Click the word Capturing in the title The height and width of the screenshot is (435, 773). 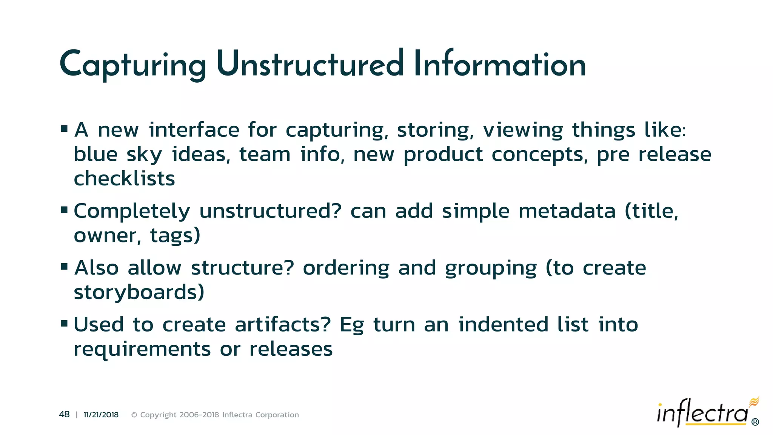(x=132, y=65)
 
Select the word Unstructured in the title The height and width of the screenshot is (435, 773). (x=310, y=64)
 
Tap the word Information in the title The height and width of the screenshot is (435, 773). (x=499, y=64)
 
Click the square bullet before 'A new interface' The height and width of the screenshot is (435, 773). (x=64, y=129)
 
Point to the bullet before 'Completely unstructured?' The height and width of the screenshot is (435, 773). (x=64, y=210)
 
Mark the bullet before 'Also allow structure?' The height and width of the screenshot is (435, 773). (x=64, y=267)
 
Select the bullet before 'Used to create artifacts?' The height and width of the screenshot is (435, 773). (x=64, y=324)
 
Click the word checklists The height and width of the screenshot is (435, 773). (x=124, y=178)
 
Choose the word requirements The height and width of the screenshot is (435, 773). (x=142, y=349)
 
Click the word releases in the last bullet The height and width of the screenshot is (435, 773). (x=291, y=349)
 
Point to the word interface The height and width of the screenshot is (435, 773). (x=194, y=130)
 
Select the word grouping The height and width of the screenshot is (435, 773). (x=490, y=268)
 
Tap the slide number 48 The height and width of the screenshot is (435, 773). (x=64, y=415)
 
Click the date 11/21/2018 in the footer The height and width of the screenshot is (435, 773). (x=101, y=415)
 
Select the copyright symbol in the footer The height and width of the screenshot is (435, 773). (x=134, y=415)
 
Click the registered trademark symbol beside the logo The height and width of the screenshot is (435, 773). (x=755, y=422)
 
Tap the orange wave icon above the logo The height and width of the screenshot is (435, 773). (x=754, y=401)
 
